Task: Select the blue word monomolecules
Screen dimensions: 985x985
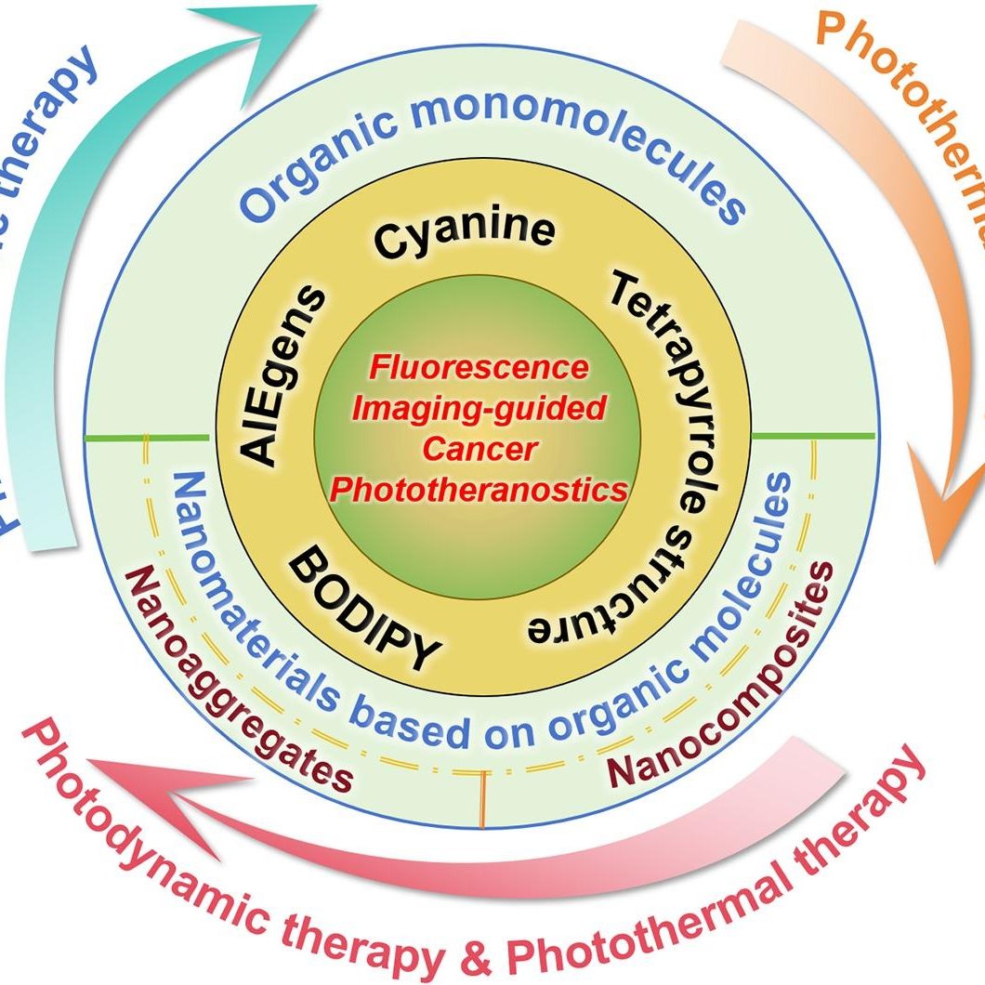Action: tap(577, 140)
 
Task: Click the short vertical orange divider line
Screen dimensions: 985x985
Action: tap(483, 799)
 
